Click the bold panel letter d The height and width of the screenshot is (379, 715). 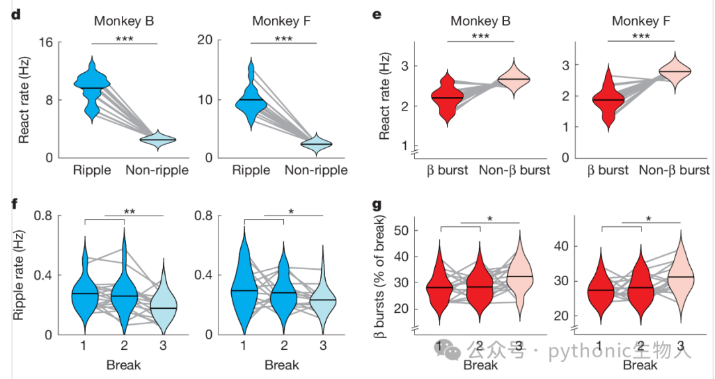[x=16, y=15]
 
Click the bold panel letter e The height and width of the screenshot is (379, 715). [x=377, y=15]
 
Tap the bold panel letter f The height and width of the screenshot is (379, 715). [x=15, y=204]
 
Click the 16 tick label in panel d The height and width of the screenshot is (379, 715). [x=46, y=43]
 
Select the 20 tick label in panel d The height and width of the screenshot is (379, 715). [x=205, y=40]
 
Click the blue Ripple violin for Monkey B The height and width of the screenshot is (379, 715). [x=92, y=89]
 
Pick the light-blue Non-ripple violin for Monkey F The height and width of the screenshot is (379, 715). [x=316, y=144]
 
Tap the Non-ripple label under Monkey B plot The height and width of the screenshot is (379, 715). [x=157, y=171]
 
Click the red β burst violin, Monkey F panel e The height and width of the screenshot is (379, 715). [x=608, y=97]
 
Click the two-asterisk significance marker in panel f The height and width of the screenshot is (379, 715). [x=130, y=212]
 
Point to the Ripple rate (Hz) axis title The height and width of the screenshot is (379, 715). [x=18, y=276]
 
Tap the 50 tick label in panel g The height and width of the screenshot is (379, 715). [x=401, y=230]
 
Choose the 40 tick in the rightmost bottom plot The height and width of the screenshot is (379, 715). [x=561, y=247]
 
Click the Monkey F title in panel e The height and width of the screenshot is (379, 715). [x=641, y=21]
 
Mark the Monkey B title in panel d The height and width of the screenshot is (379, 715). [x=124, y=21]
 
